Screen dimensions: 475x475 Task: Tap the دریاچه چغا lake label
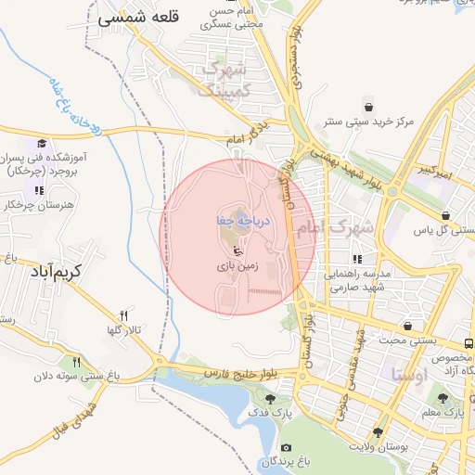point(241,221)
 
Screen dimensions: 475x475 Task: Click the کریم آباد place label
point(56,272)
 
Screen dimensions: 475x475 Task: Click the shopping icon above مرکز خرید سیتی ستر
point(369,105)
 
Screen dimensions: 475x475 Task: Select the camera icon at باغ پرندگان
point(285,448)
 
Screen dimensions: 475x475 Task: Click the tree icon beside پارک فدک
point(271,399)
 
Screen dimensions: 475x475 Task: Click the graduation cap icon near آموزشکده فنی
point(41,144)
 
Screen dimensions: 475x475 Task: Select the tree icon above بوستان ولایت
point(378,432)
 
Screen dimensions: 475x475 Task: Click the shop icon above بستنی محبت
point(409,326)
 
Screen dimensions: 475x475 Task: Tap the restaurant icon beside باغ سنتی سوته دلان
point(77,362)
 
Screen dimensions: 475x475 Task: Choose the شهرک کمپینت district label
point(223,79)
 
